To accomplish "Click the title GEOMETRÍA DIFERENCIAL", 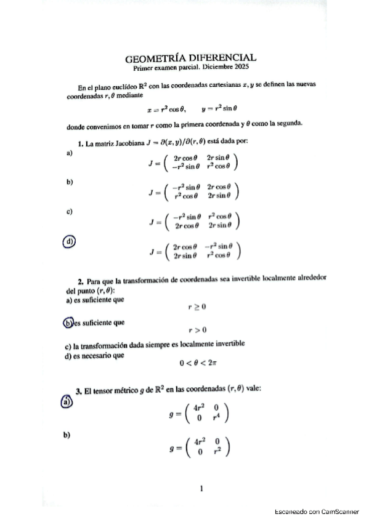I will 190,58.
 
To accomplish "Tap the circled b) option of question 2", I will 68,322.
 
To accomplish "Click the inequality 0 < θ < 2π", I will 198,363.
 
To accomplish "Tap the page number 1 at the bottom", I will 201,488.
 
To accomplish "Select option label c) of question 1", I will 69,212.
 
